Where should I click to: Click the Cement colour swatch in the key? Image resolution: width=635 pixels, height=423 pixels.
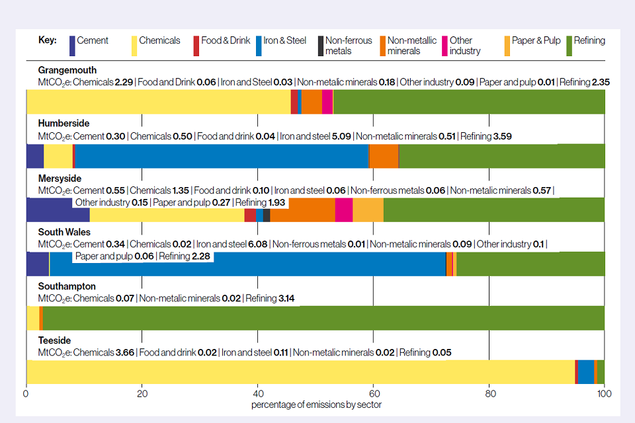tap(72, 46)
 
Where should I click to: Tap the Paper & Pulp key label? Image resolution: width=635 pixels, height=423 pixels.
tap(532, 40)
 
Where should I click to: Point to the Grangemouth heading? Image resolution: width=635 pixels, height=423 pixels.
tap(67, 70)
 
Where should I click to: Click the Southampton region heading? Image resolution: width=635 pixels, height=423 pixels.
tap(67, 286)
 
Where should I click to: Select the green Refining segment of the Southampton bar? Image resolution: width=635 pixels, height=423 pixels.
tap(323, 318)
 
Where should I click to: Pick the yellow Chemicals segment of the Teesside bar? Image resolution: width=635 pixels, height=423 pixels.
tap(300, 372)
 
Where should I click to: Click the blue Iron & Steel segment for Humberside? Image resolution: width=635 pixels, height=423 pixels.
tap(222, 156)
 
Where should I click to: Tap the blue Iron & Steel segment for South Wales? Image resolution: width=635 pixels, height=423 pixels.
tap(247, 264)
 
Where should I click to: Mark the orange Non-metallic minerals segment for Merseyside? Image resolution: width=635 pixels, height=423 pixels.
tap(302, 210)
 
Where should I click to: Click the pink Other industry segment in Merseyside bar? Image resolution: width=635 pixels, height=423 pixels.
tap(343, 210)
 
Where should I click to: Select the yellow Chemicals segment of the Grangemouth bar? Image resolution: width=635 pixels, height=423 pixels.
tap(158, 102)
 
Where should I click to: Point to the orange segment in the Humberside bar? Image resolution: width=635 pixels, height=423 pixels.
tap(384, 156)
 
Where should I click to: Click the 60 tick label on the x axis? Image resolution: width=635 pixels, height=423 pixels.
tap(373, 394)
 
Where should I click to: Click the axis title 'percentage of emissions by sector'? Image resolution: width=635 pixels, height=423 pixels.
tap(316, 404)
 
